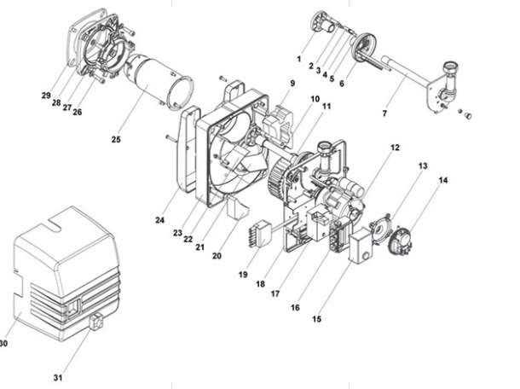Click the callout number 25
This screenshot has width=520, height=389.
(116, 139)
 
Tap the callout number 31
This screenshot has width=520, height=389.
(58, 378)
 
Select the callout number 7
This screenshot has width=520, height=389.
(384, 113)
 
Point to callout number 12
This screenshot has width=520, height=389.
(395, 148)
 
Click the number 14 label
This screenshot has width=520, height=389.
(443, 180)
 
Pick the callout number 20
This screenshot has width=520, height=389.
(217, 256)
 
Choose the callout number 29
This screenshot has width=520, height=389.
(46, 96)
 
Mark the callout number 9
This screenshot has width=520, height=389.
(292, 83)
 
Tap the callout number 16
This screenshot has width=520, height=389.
(295, 308)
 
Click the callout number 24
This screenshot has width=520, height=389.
(160, 220)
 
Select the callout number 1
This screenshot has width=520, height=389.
(299, 59)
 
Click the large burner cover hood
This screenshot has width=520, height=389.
(66, 274)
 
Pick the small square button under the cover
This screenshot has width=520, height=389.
(96, 321)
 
